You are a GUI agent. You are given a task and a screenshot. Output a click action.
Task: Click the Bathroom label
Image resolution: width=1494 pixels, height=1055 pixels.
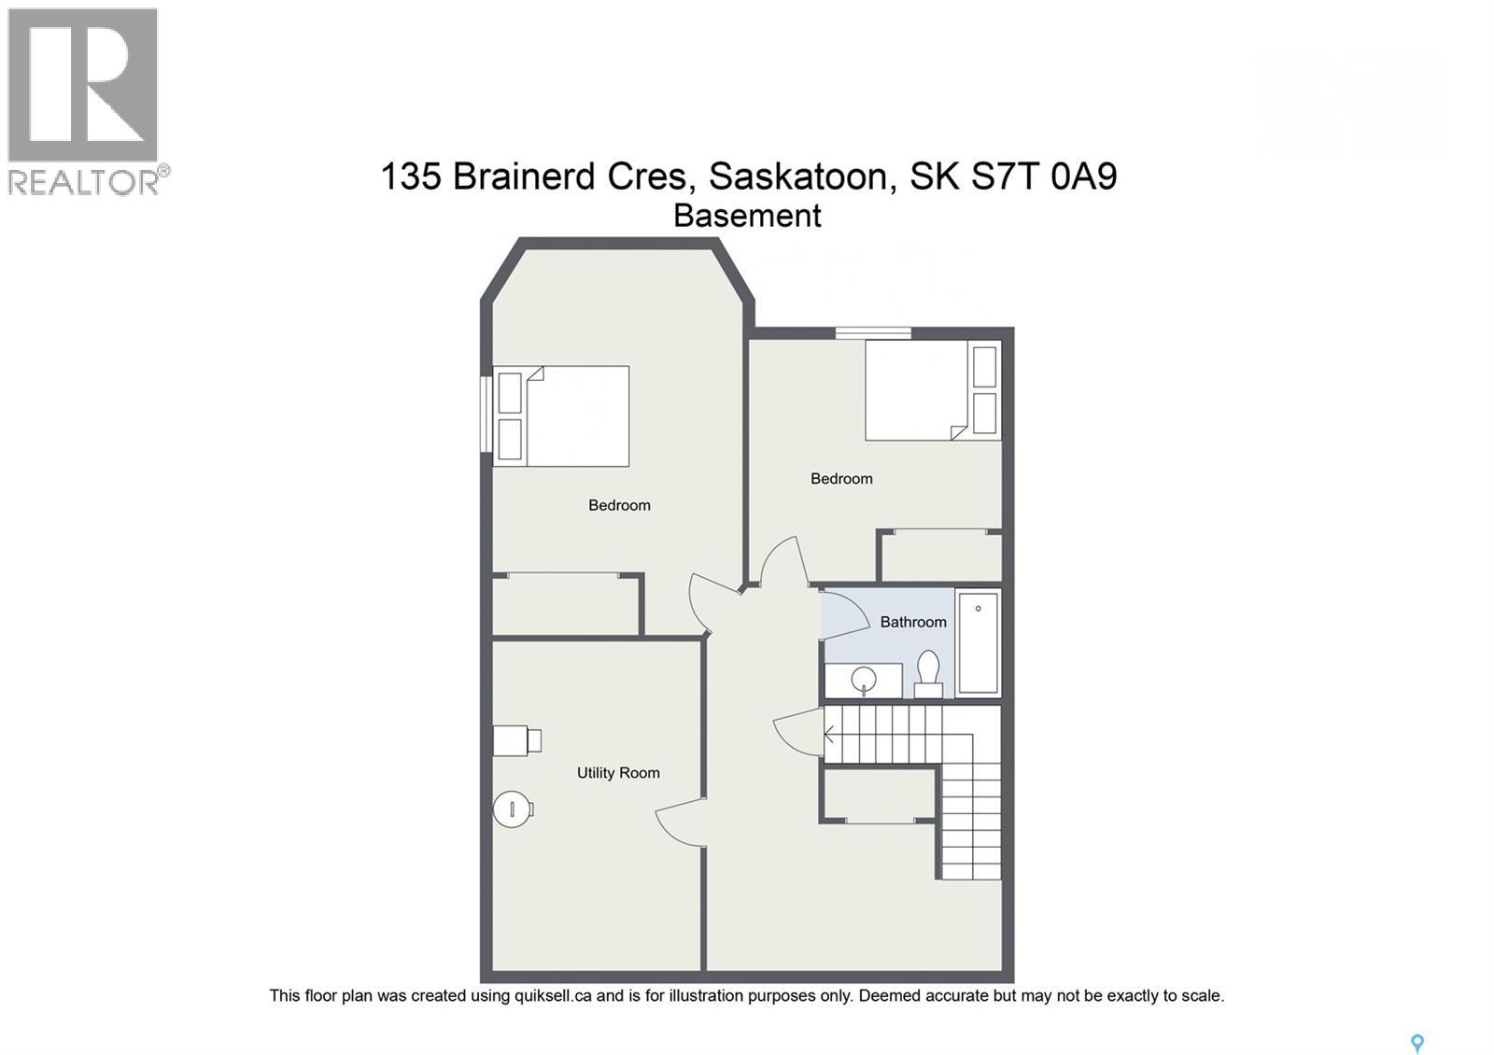[x=912, y=622]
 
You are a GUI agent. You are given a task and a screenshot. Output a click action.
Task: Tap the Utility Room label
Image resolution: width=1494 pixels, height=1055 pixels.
[x=617, y=773]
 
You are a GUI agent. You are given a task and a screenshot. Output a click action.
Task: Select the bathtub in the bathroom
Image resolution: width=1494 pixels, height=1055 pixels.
[x=978, y=641]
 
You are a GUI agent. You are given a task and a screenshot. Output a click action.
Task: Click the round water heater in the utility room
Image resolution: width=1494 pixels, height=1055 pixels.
[x=512, y=809]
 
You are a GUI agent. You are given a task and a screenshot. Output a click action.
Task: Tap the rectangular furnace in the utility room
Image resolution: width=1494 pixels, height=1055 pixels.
[x=514, y=740]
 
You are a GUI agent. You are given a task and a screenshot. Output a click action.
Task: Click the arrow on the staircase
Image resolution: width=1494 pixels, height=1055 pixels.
[x=829, y=735]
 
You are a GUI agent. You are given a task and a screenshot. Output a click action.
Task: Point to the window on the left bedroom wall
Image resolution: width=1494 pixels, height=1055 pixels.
[x=486, y=415]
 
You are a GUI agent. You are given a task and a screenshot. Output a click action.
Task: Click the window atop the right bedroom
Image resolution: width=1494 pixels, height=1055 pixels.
[x=873, y=331]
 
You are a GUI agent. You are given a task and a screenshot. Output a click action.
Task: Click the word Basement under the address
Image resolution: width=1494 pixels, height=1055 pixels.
[x=747, y=216]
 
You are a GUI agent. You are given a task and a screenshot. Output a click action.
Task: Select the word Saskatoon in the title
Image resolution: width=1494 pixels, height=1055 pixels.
[x=797, y=176]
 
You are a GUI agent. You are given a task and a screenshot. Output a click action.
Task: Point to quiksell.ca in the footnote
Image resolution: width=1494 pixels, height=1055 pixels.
[x=553, y=996]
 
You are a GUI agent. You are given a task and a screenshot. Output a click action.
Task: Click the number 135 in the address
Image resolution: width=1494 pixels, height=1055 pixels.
[x=410, y=176]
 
